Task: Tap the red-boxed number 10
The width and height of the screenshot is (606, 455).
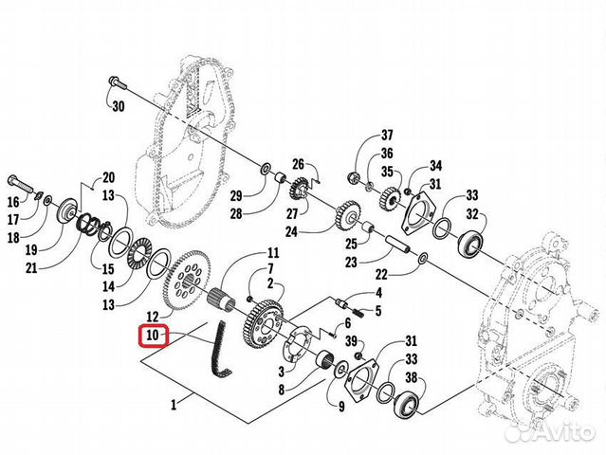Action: [x=154, y=336]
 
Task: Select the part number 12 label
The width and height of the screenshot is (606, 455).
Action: [x=153, y=315]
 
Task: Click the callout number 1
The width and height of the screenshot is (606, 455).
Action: [x=173, y=405]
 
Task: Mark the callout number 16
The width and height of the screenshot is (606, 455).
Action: [x=13, y=202]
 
